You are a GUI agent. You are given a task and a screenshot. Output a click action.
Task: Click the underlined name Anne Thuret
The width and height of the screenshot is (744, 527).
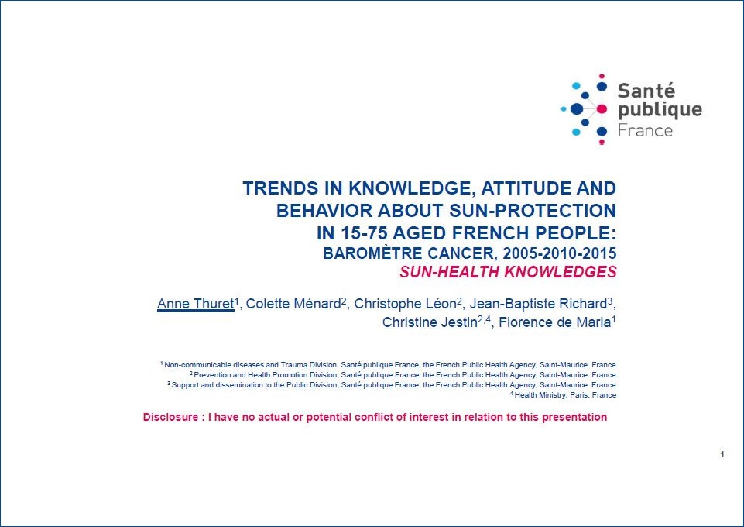[x=196, y=304]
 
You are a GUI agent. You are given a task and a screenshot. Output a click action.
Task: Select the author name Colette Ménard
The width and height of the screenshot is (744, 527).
[x=293, y=304]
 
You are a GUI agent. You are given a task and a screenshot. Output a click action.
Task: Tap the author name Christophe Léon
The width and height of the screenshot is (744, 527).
[x=405, y=304]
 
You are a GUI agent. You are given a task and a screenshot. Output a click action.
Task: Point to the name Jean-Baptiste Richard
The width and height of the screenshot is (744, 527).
[x=538, y=304]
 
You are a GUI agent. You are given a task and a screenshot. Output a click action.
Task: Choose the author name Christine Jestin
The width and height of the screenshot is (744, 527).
[x=430, y=322]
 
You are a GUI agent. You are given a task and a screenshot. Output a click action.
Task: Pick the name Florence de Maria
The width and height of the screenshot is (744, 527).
[x=554, y=322]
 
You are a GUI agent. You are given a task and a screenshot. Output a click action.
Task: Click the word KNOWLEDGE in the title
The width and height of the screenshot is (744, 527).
[x=410, y=188]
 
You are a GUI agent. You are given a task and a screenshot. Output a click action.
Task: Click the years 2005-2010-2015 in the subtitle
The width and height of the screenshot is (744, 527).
[x=560, y=253]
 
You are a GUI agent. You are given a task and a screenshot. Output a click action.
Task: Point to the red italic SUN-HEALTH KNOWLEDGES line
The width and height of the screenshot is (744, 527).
[x=508, y=272]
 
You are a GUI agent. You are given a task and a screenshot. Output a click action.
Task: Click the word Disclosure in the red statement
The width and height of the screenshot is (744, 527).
[x=170, y=417]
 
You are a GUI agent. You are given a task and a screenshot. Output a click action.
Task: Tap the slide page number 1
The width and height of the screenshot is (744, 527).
[x=722, y=454]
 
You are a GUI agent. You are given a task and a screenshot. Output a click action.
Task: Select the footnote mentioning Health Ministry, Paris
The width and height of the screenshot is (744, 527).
[x=563, y=395]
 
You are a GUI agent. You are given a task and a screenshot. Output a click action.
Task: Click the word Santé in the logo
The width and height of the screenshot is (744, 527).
[x=646, y=90]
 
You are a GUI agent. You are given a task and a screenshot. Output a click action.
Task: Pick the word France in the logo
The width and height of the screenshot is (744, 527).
[x=645, y=130]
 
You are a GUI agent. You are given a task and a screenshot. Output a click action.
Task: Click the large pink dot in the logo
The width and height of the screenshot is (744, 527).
[x=602, y=109]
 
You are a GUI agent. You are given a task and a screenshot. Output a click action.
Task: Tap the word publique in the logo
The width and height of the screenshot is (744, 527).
[x=660, y=111]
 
